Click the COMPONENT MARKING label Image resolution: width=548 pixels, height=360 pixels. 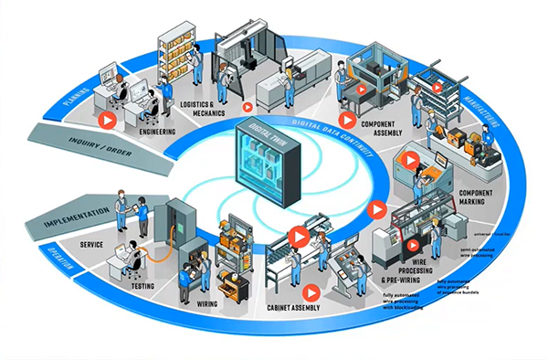[x=476, y=199]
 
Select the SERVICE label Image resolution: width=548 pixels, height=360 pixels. [x=91, y=245]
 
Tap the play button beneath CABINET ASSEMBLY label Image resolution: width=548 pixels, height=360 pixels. [x=311, y=293]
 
